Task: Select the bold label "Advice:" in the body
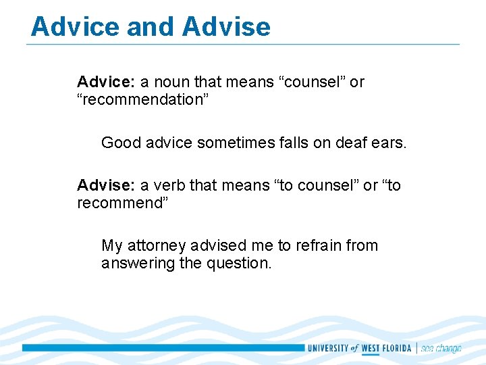coord(106,82)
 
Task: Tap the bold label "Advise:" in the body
coord(106,185)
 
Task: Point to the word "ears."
coord(388,143)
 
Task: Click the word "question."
coord(239,263)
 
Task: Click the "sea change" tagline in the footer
coord(441,349)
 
